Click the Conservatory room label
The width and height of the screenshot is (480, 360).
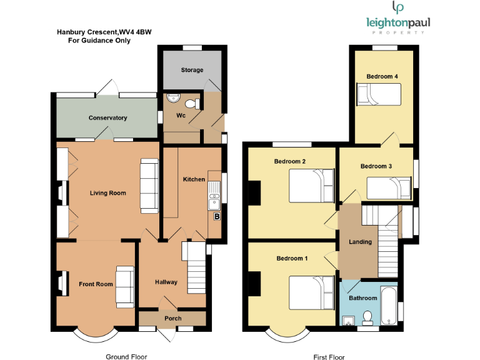coord(107,118)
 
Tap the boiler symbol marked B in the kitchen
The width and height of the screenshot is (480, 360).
coord(217,217)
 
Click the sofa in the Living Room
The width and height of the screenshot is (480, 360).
coord(149,186)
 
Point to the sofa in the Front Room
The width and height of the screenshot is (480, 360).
coord(125,285)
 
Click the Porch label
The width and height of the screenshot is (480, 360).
coord(173,319)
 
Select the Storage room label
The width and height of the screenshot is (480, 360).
coord(192,70)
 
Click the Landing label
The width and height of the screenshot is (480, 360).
coord(360,242)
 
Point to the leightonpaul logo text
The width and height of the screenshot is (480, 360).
coord(398,23)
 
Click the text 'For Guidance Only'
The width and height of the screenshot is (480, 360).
coord(99,41)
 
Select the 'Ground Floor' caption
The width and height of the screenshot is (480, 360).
coord(126,357)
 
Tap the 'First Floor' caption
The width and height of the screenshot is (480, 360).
coord(329,357)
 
